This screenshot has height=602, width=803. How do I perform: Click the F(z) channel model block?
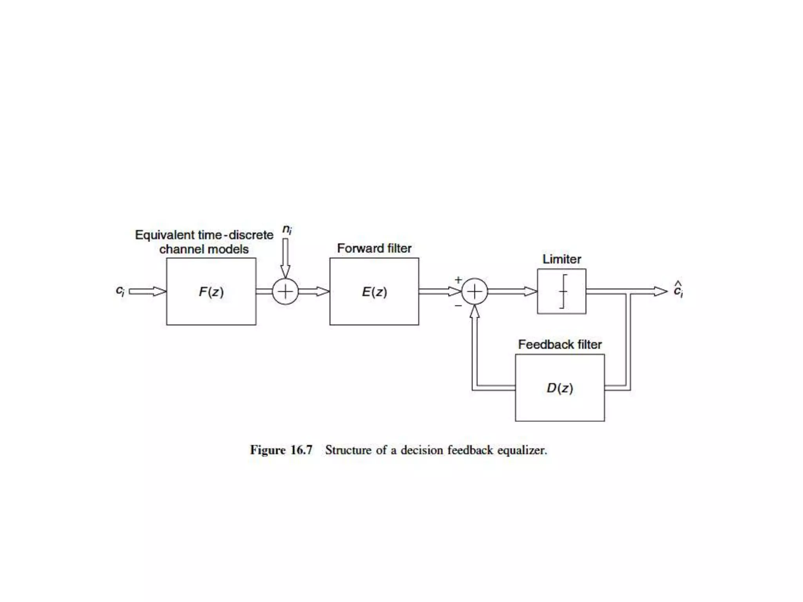pyautogui.click(x=211, y=292)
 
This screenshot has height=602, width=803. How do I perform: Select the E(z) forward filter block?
pyautogui.click(x=374, y=292)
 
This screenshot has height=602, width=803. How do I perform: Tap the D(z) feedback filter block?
pyautogui.click(x=560, y=388)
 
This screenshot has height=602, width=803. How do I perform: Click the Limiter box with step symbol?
pyautogui.click(x=561, y=291)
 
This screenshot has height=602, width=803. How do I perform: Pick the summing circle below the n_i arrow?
pyautogui.click(x=285, y=292)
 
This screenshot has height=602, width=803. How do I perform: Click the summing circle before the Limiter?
pyautogui.click(x=474, y=292)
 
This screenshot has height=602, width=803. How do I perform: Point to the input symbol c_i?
pyautogui.click(x=120, y=291)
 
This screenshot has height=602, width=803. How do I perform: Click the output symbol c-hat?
pyautogui.click(x=678, y=290)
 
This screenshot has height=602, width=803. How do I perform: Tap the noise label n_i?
pyautogui.click(x=287, y=229)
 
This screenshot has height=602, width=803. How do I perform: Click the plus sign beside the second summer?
pyautogui.click(x=458, y=280)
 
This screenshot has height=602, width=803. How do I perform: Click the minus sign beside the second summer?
pyautogui.click(x=458, y=305)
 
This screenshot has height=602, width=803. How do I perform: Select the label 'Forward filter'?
pyautogui.click(x=374, y=248)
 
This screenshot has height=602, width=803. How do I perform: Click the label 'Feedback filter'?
pyautogui.click(x=560, y=345)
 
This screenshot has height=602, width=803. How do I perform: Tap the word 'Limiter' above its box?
pyautogui.click(x=561, y=259)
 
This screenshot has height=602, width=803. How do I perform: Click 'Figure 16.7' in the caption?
pyautogui.click(x=281, y=450)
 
